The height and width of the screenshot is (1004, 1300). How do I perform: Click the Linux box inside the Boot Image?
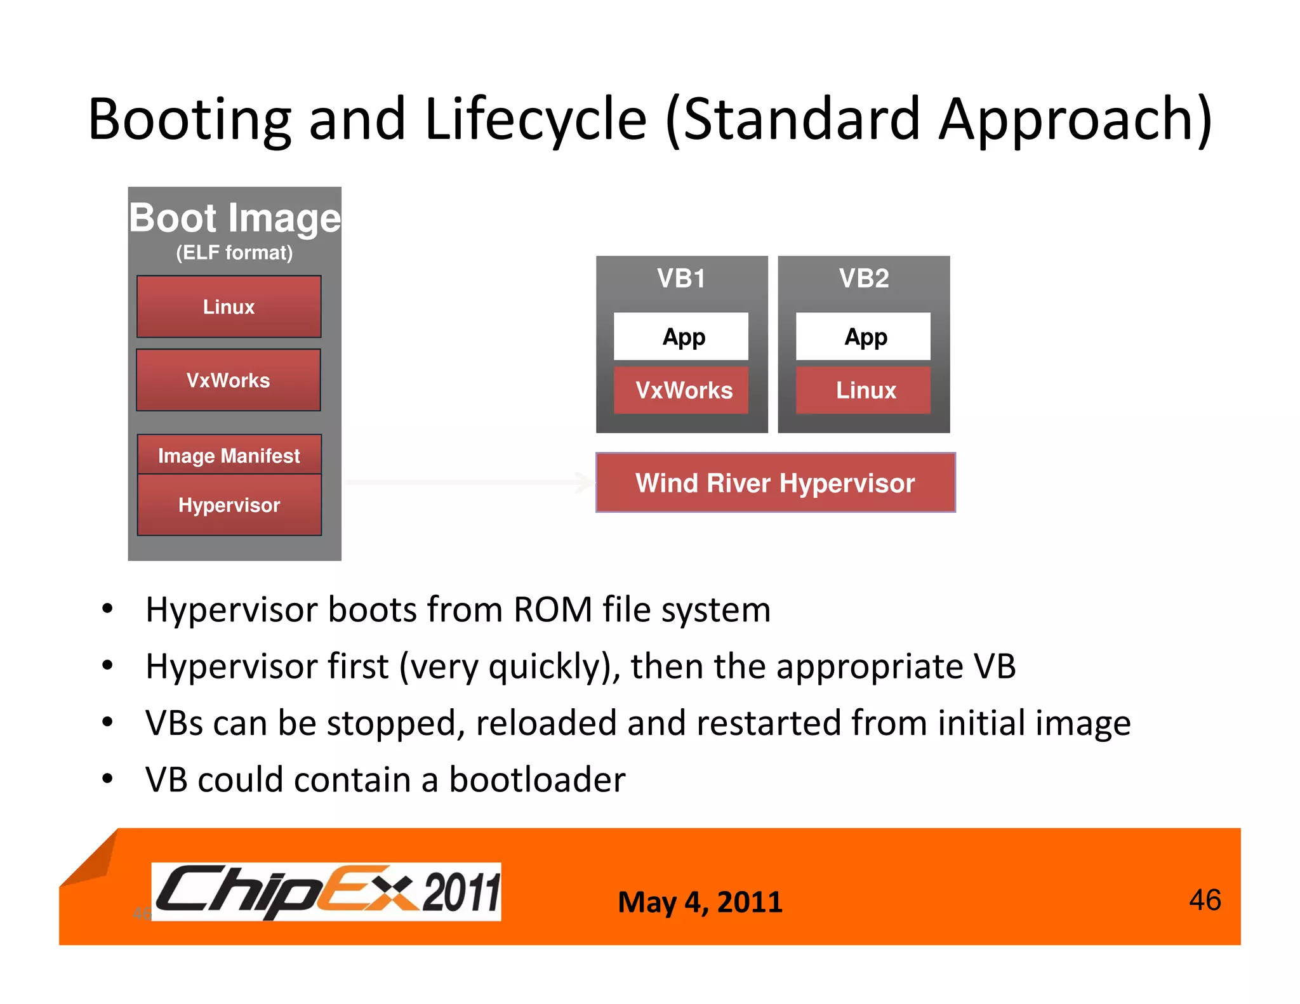click(x=229, y=307)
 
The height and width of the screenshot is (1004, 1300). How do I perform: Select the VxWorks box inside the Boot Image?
click(x=229, y=380)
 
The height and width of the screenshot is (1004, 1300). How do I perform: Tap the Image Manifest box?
click(x=229, y=455)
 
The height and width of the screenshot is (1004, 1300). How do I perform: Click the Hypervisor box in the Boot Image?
click(x=229, y=505)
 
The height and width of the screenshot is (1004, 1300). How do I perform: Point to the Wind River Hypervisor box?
click(x=775, y=483)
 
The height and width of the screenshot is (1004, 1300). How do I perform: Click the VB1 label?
click(x=681, y=279)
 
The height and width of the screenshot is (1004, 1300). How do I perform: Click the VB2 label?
click(x=863, y=279)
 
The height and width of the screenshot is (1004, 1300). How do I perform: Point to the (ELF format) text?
click(x=234, y=253)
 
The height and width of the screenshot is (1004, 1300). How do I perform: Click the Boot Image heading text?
click(x=235, y=218)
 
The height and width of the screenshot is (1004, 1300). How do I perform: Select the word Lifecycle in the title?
click(x=535, y=119)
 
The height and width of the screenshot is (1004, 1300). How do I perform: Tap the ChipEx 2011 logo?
click(x=327, y=891)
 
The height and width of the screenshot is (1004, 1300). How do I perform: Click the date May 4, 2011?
click(x=700, y=902)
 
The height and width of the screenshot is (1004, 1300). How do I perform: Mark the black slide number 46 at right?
click(x=1204, y=900)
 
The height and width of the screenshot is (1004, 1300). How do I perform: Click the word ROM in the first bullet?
click(x=552, y=610)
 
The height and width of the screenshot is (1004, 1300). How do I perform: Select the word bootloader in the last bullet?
click(x=537, y=780)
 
